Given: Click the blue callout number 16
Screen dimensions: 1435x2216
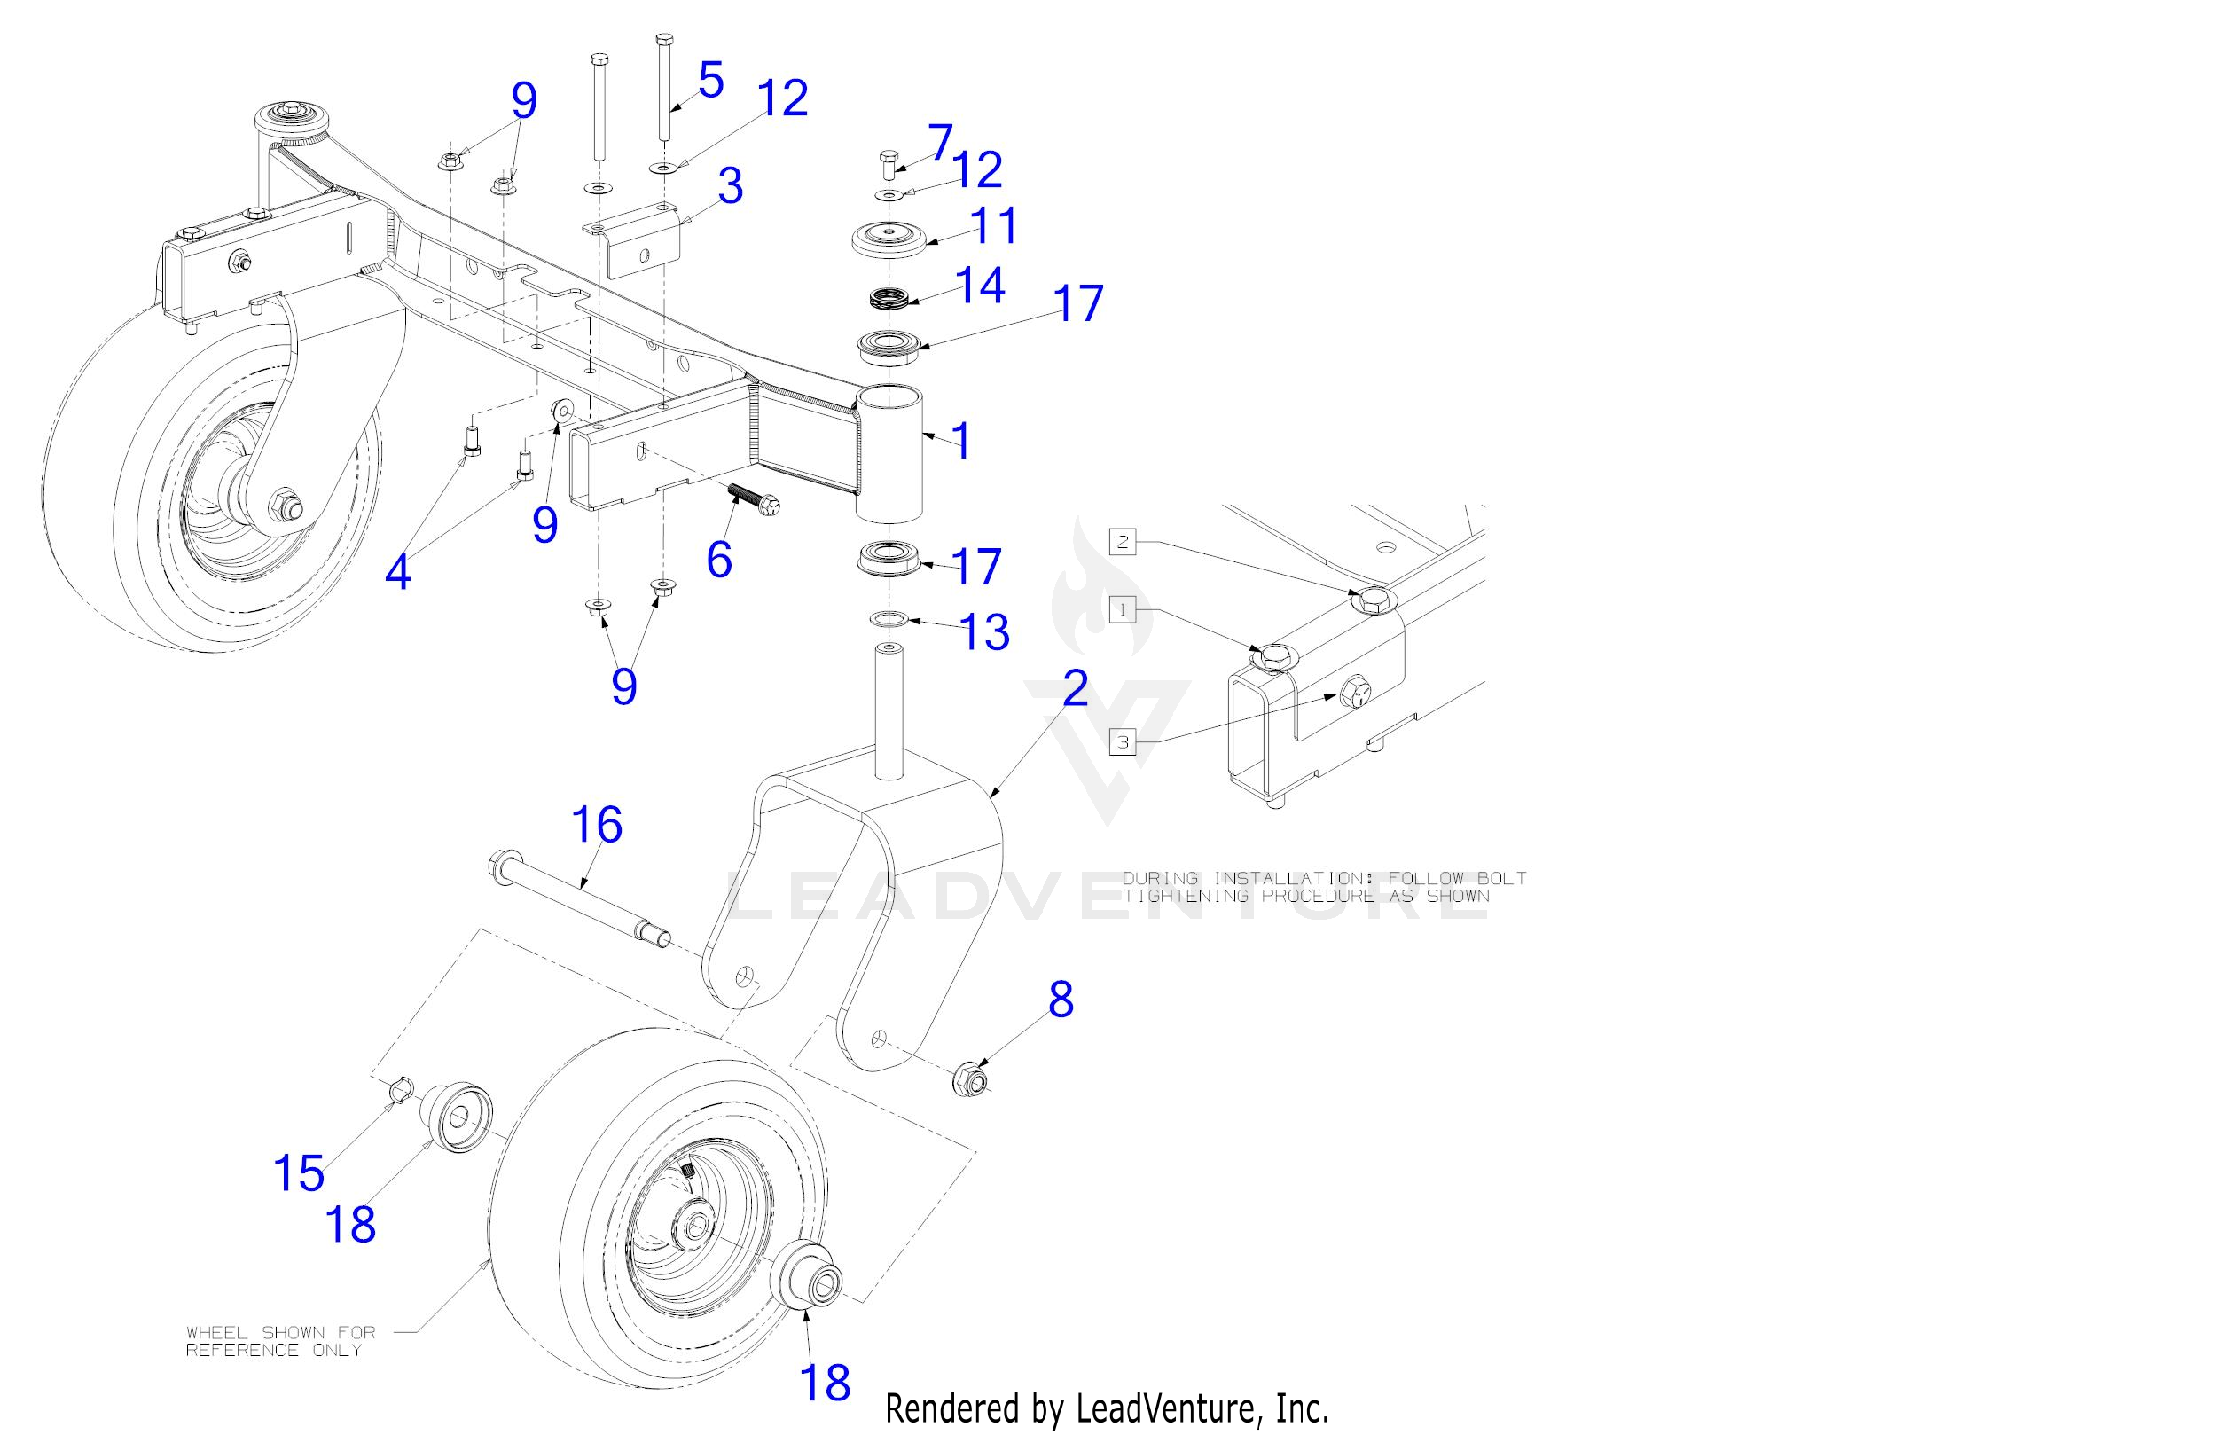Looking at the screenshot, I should pos(597,825).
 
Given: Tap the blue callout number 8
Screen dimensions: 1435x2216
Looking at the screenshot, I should pos(1061,1000).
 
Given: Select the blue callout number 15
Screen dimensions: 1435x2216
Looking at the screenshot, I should pos(299,1172).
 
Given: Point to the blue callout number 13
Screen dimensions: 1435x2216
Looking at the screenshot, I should pos(985,632).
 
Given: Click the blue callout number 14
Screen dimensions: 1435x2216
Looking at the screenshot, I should pos(980,285).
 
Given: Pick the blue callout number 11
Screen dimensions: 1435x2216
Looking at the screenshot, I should pos(994,225).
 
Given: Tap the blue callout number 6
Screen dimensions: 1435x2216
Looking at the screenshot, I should pos(719,559).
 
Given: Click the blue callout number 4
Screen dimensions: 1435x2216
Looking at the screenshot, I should pos(397,572).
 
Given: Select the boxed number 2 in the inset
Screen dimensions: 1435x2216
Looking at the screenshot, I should pos(1123,541).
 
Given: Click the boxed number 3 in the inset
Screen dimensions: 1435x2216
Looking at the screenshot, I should pos(1123,742).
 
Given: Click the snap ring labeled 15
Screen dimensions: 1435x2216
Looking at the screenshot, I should pos(398,1087).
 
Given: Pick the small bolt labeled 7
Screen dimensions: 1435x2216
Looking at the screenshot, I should pos(887,162).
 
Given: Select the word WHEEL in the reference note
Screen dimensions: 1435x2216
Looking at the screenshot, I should pos(219,1333).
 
